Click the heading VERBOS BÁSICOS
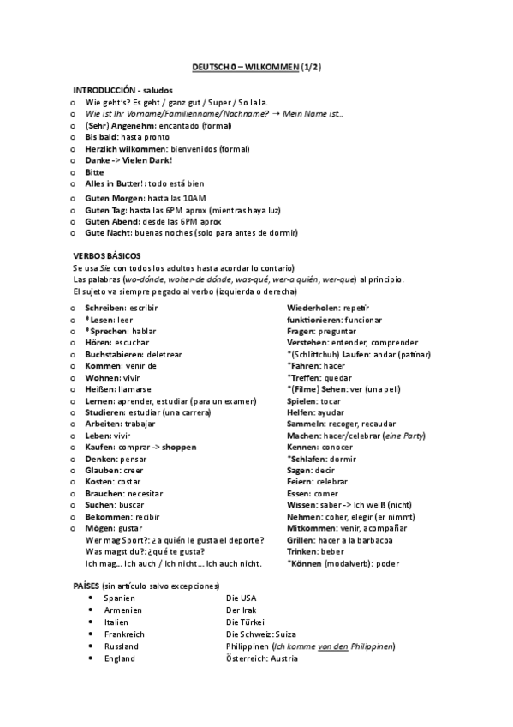point(107,256)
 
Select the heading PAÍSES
point(90,584)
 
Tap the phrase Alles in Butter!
point(115,183)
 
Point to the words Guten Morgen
point(110,198)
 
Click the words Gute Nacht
point(106,233)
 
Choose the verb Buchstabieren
point(116,353)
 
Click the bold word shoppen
point(179,447)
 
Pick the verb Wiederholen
point(318,307)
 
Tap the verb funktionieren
point(318,319)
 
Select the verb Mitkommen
point(313,528)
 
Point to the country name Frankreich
point(124,634)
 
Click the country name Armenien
point(122,610)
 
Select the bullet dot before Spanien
point(91,598)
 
